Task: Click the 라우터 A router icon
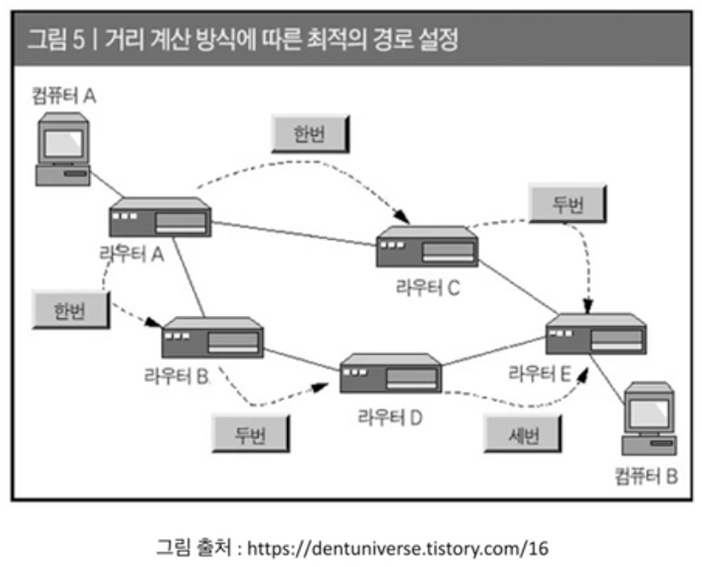pos(160,218)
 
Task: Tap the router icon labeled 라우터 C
pos(427,246)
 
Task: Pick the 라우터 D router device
pos(390,374)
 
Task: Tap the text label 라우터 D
pos(389,416)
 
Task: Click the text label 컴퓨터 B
pos(646,475)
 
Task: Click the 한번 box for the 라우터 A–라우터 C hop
pos(310,133)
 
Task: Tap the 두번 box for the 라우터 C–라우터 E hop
pos(568,204)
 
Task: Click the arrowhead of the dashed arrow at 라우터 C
pos(404,218)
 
